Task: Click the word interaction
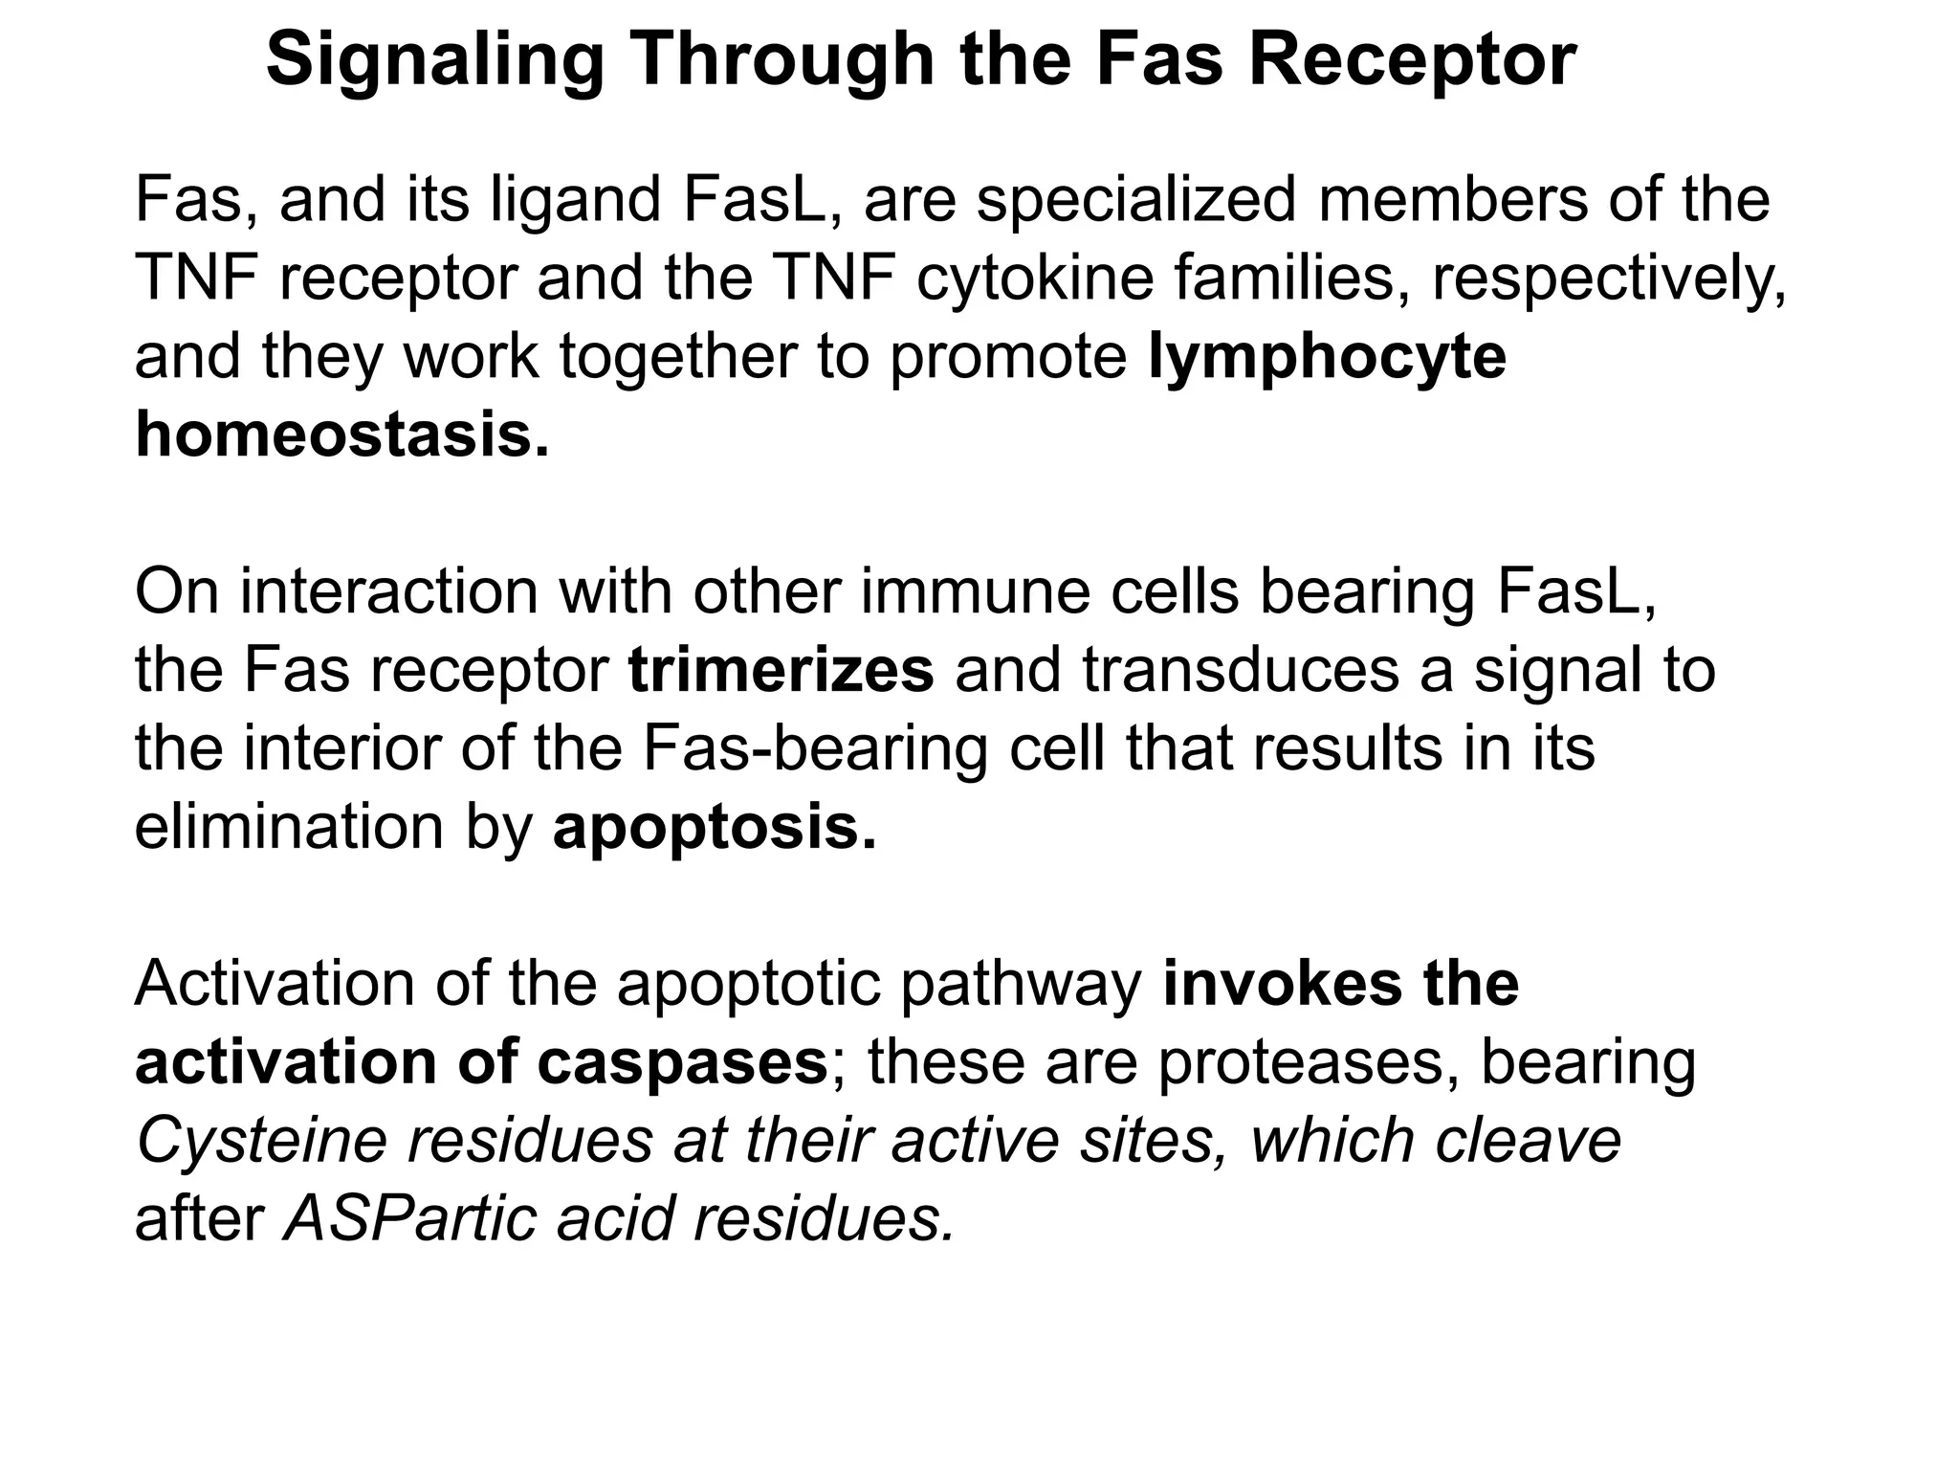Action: pos(388,591)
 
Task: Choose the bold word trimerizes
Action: pos(781,670)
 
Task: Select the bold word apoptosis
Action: pos(714,827)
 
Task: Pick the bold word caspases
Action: pos(681,1062)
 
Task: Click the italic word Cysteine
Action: pos(262,1141)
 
